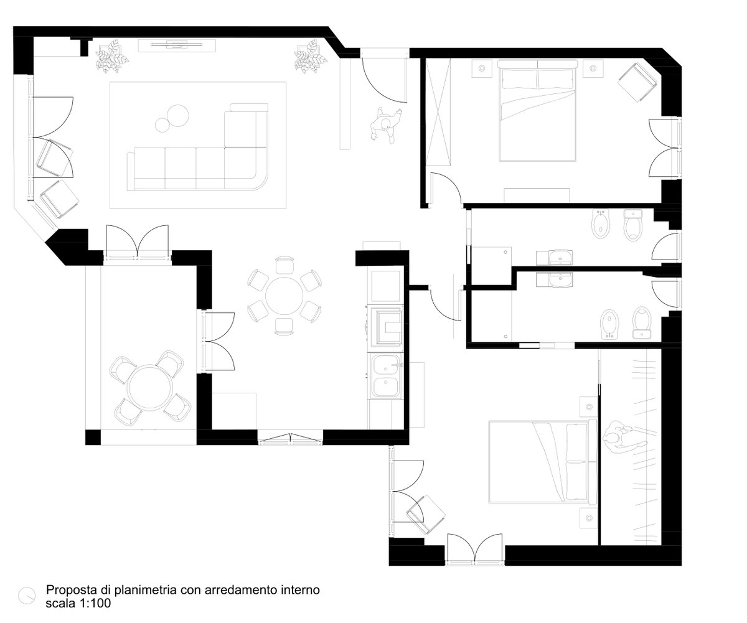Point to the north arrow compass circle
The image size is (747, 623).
click(27, 596)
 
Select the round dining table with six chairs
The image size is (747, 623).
click(284, 296)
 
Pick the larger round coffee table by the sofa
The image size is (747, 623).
click(177, 115)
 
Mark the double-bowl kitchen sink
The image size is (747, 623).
click(386, 376)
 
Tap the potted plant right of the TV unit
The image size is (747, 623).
click(310, 56)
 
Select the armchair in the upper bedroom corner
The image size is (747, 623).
click(637, 82)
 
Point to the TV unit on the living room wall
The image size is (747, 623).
click(177, 45)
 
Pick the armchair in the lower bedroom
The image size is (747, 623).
click(426, 515)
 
